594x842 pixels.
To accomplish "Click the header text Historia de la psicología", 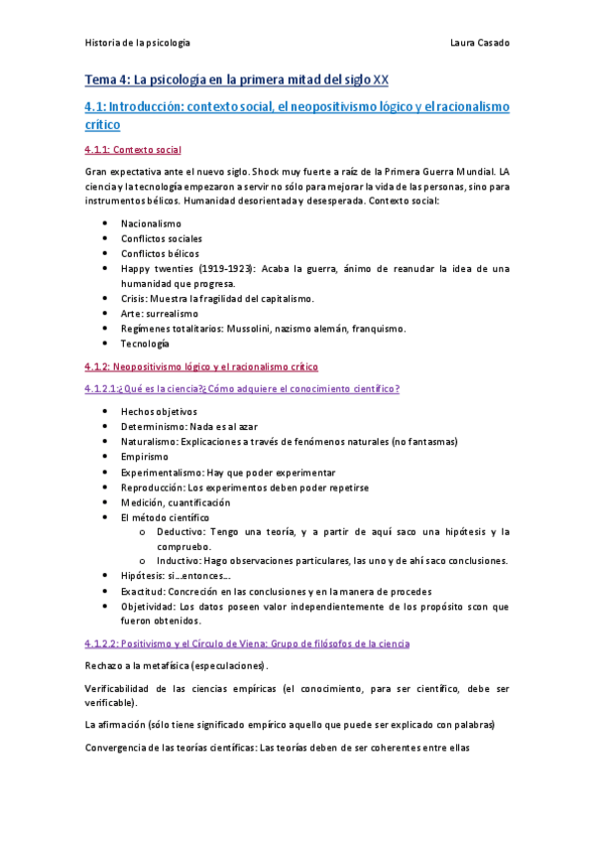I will tap(137, 44).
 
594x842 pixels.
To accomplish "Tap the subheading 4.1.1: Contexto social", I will tap(133, 150).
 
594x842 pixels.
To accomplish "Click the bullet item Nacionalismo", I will tap(151, 223).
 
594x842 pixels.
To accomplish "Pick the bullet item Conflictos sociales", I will tap(161, 238).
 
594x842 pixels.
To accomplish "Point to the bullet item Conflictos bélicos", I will tap(159, 253).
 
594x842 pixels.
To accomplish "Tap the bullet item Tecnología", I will tap(146, 344).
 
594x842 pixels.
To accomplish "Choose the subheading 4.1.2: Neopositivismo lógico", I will tap(201, 366).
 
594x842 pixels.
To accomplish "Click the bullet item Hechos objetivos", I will tap(159, 411).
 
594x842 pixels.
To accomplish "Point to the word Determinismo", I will tap(152, 426).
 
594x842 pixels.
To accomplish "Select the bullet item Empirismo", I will tap(145, 456).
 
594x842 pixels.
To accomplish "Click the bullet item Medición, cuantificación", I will tap(175, 501).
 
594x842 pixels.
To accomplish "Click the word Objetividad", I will tap(150, 606).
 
